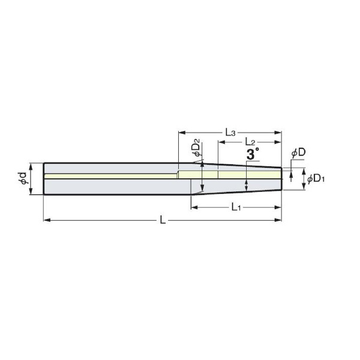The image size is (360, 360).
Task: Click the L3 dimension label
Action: click(x=230, y=133)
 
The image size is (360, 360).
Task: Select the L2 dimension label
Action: click(x=250, y=142)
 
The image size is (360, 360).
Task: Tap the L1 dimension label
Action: click(x=236, y=208)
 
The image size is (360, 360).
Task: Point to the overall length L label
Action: click(x=163, y=220)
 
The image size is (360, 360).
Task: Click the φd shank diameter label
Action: click(x=23, y=179)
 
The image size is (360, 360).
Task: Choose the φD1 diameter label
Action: click(x=316, y=179)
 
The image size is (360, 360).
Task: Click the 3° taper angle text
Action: click(x=253, y=154)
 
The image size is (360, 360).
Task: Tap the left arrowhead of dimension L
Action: click(x=47, y=220)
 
